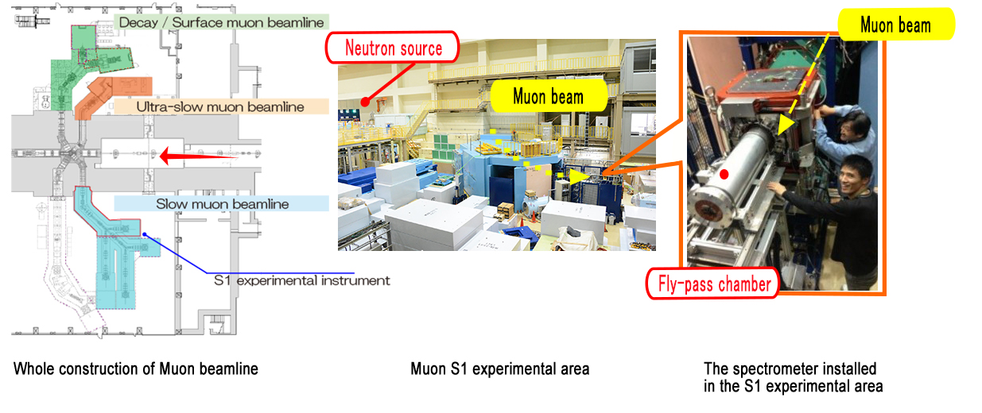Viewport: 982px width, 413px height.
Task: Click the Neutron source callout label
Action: (392, 48)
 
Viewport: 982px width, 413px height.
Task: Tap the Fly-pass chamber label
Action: (713, 284)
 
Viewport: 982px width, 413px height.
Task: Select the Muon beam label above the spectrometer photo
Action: (895, 25)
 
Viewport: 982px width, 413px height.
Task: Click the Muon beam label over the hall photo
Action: (549, 96)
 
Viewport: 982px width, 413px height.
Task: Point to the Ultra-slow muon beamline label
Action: (220, 107)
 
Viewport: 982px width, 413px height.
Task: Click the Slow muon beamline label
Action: (223, 203)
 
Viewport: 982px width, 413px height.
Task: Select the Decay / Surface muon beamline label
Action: (221, 22)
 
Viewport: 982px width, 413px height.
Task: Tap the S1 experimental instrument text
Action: (301, 280)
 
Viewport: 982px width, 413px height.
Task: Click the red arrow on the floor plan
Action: (198, 156)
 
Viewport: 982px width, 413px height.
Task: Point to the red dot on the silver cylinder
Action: (724, 175)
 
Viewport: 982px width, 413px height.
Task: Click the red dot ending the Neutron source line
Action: (365, 102)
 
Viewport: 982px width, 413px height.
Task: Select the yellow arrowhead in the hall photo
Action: (580, 176)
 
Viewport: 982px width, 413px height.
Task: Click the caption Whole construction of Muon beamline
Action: (136, 369)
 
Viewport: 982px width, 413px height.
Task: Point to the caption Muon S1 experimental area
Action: (500, 369)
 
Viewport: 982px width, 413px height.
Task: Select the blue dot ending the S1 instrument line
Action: (145, 235)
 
